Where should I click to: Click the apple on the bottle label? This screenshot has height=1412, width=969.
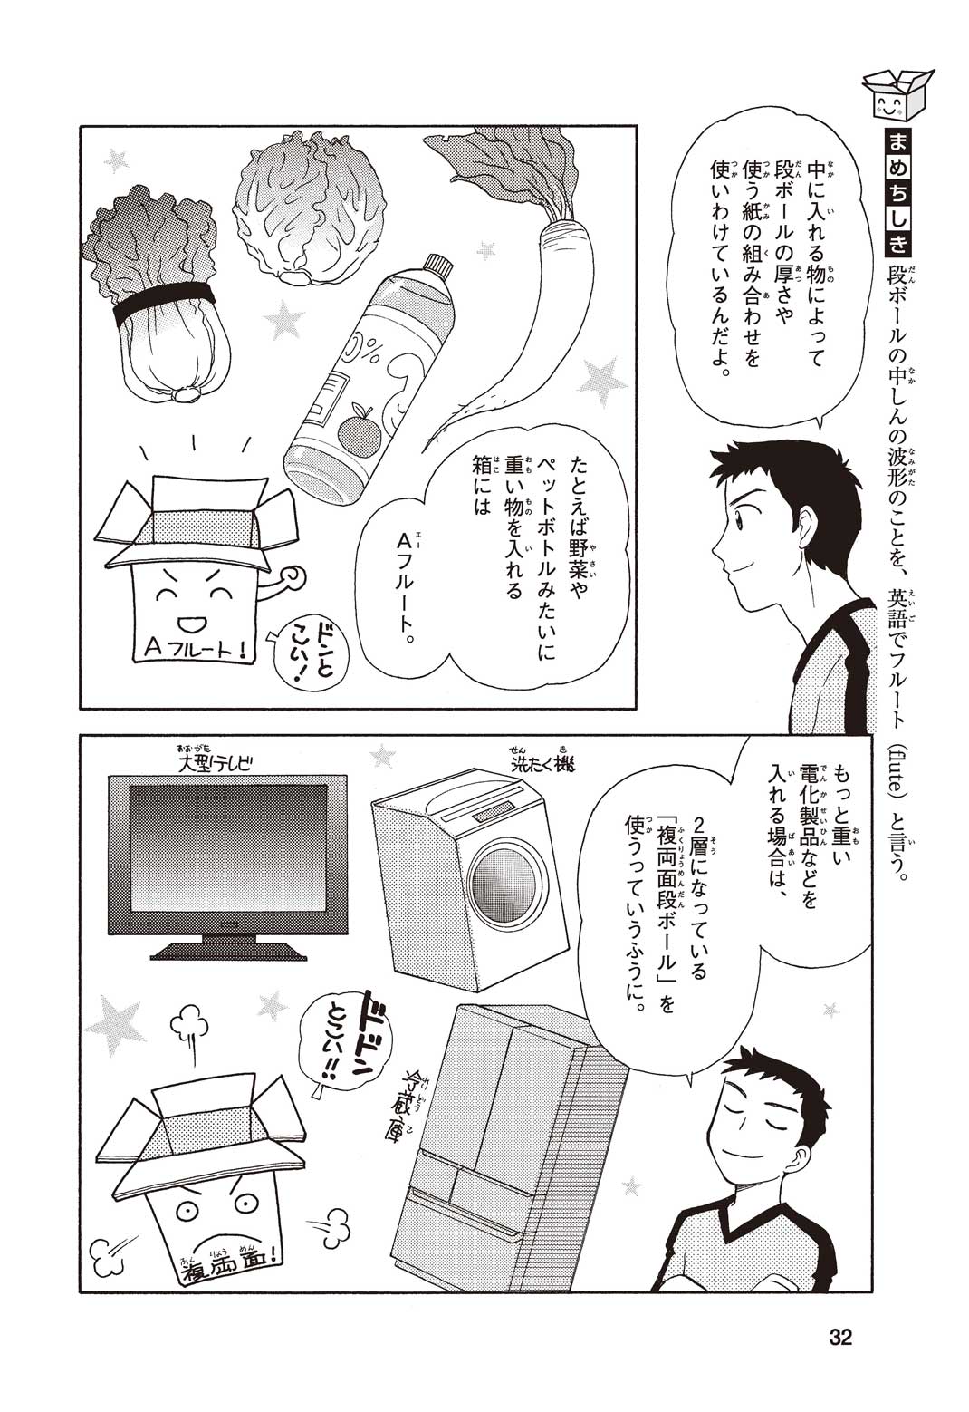coord(360,430)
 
